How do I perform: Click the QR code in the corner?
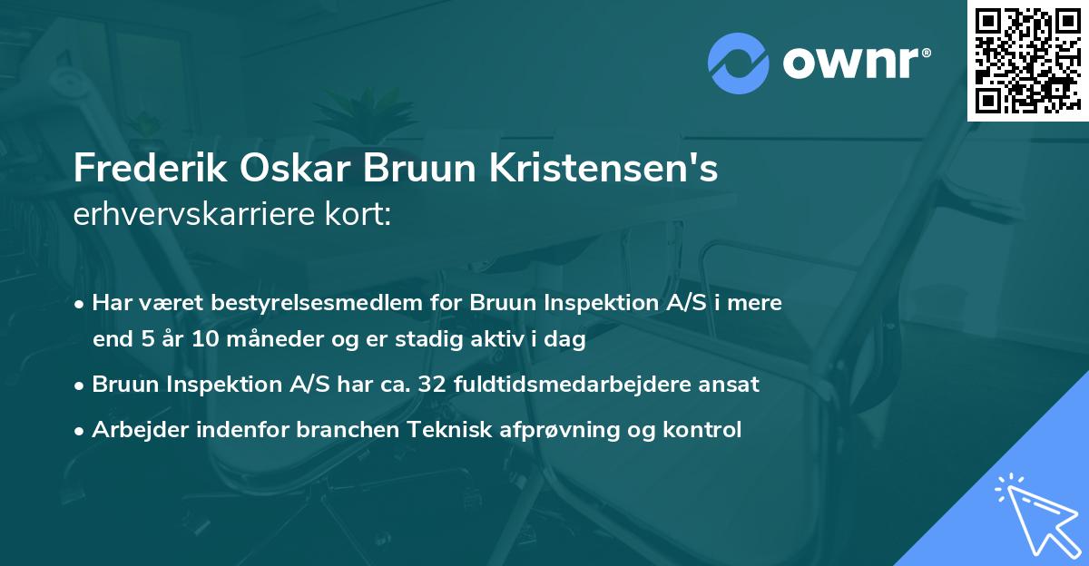(1027, 61)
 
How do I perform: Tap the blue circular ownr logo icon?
(738, 63)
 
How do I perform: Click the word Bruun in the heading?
(404, 170)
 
